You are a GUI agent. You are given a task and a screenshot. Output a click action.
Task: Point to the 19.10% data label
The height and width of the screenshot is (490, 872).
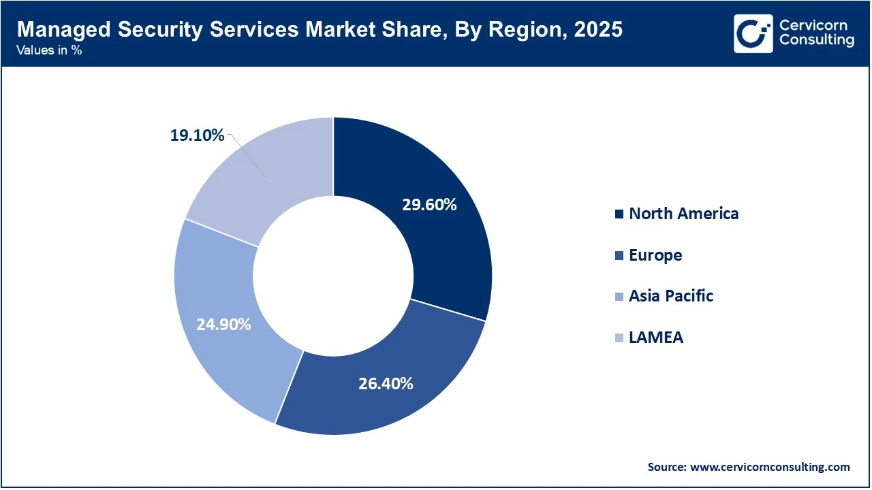pos(197,135)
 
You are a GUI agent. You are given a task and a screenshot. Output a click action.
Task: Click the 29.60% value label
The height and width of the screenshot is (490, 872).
pos(429,204)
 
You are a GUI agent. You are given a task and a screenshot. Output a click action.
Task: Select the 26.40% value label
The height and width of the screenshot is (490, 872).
pos(386,383)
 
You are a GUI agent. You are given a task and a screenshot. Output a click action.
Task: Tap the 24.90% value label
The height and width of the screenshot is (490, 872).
pos(223,324)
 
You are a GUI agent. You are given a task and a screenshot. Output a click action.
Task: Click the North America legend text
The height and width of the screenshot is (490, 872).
pos(683,214)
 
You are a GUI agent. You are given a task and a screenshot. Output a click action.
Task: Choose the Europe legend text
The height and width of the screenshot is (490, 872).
pos(655,255)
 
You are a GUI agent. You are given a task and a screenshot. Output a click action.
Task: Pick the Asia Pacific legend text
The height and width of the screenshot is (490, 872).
pos(671,296)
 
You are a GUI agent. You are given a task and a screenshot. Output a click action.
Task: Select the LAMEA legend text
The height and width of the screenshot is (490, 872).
pos(656,338)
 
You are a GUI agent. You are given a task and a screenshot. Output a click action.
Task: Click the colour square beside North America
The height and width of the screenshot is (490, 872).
pos(619,214)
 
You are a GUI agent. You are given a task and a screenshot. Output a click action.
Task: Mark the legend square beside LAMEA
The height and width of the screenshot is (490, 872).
pos(619,338)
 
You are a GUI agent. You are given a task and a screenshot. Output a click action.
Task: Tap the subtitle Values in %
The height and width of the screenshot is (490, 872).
pos(50,50)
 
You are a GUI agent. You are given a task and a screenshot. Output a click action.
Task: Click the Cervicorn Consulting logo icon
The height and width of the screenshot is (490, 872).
pos(753,33)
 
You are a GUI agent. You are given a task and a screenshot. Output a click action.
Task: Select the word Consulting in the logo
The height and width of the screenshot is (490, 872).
pos(816,40)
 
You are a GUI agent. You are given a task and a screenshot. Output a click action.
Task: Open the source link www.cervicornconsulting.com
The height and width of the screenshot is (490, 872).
pos(769,467)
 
